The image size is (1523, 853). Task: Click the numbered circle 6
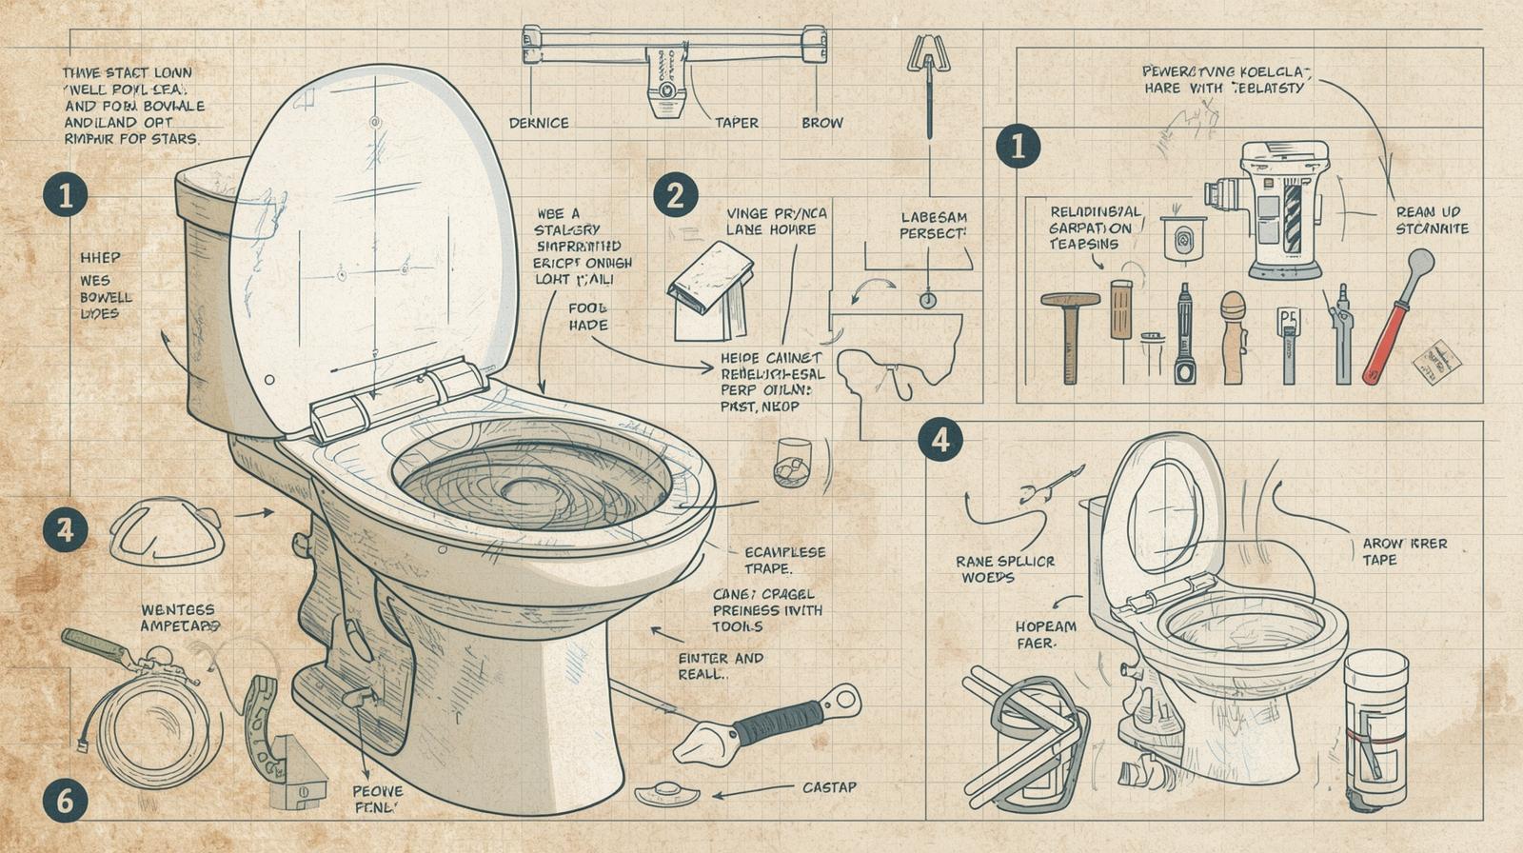pos(65,801)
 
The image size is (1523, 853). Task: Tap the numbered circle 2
pos(675,195)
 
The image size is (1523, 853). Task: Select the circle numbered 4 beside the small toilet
pos(940,440)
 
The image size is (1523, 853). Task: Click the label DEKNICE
pos(539,123)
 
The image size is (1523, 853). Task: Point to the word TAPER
pos(737,123)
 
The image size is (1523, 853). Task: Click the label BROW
pos(822,123)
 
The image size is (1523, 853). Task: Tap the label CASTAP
pos(829,787)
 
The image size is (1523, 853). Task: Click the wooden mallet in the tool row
pos(1071,333)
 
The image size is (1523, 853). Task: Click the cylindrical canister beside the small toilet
pos(1375,728)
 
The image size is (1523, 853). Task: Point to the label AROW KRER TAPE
pos(1404,551)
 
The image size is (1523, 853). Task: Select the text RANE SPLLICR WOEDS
pos(1005,569)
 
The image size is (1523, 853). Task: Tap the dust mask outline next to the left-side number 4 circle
pos(167,533)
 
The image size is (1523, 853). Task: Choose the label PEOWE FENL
pos(378,799)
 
